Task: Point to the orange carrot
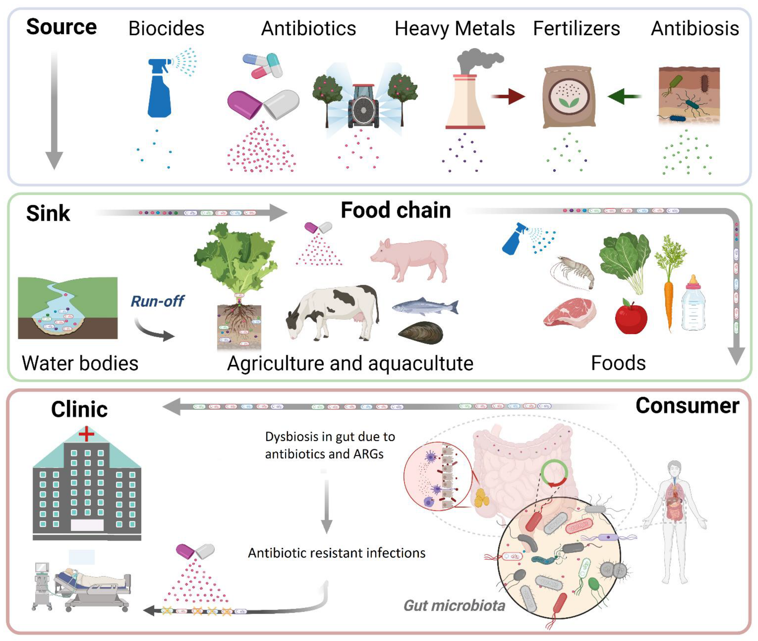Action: click(668, 302)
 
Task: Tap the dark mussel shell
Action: click(421, 333)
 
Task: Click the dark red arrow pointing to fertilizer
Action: click(508, 96)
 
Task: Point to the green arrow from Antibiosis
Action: click(624, 96)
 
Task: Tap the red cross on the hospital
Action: click(86, 434)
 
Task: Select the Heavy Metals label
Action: click(454, 28)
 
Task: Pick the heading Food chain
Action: click(396, 210)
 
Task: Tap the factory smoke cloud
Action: click(479, 60)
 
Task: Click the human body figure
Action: click(674, 520)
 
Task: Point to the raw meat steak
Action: click(569, 312)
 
